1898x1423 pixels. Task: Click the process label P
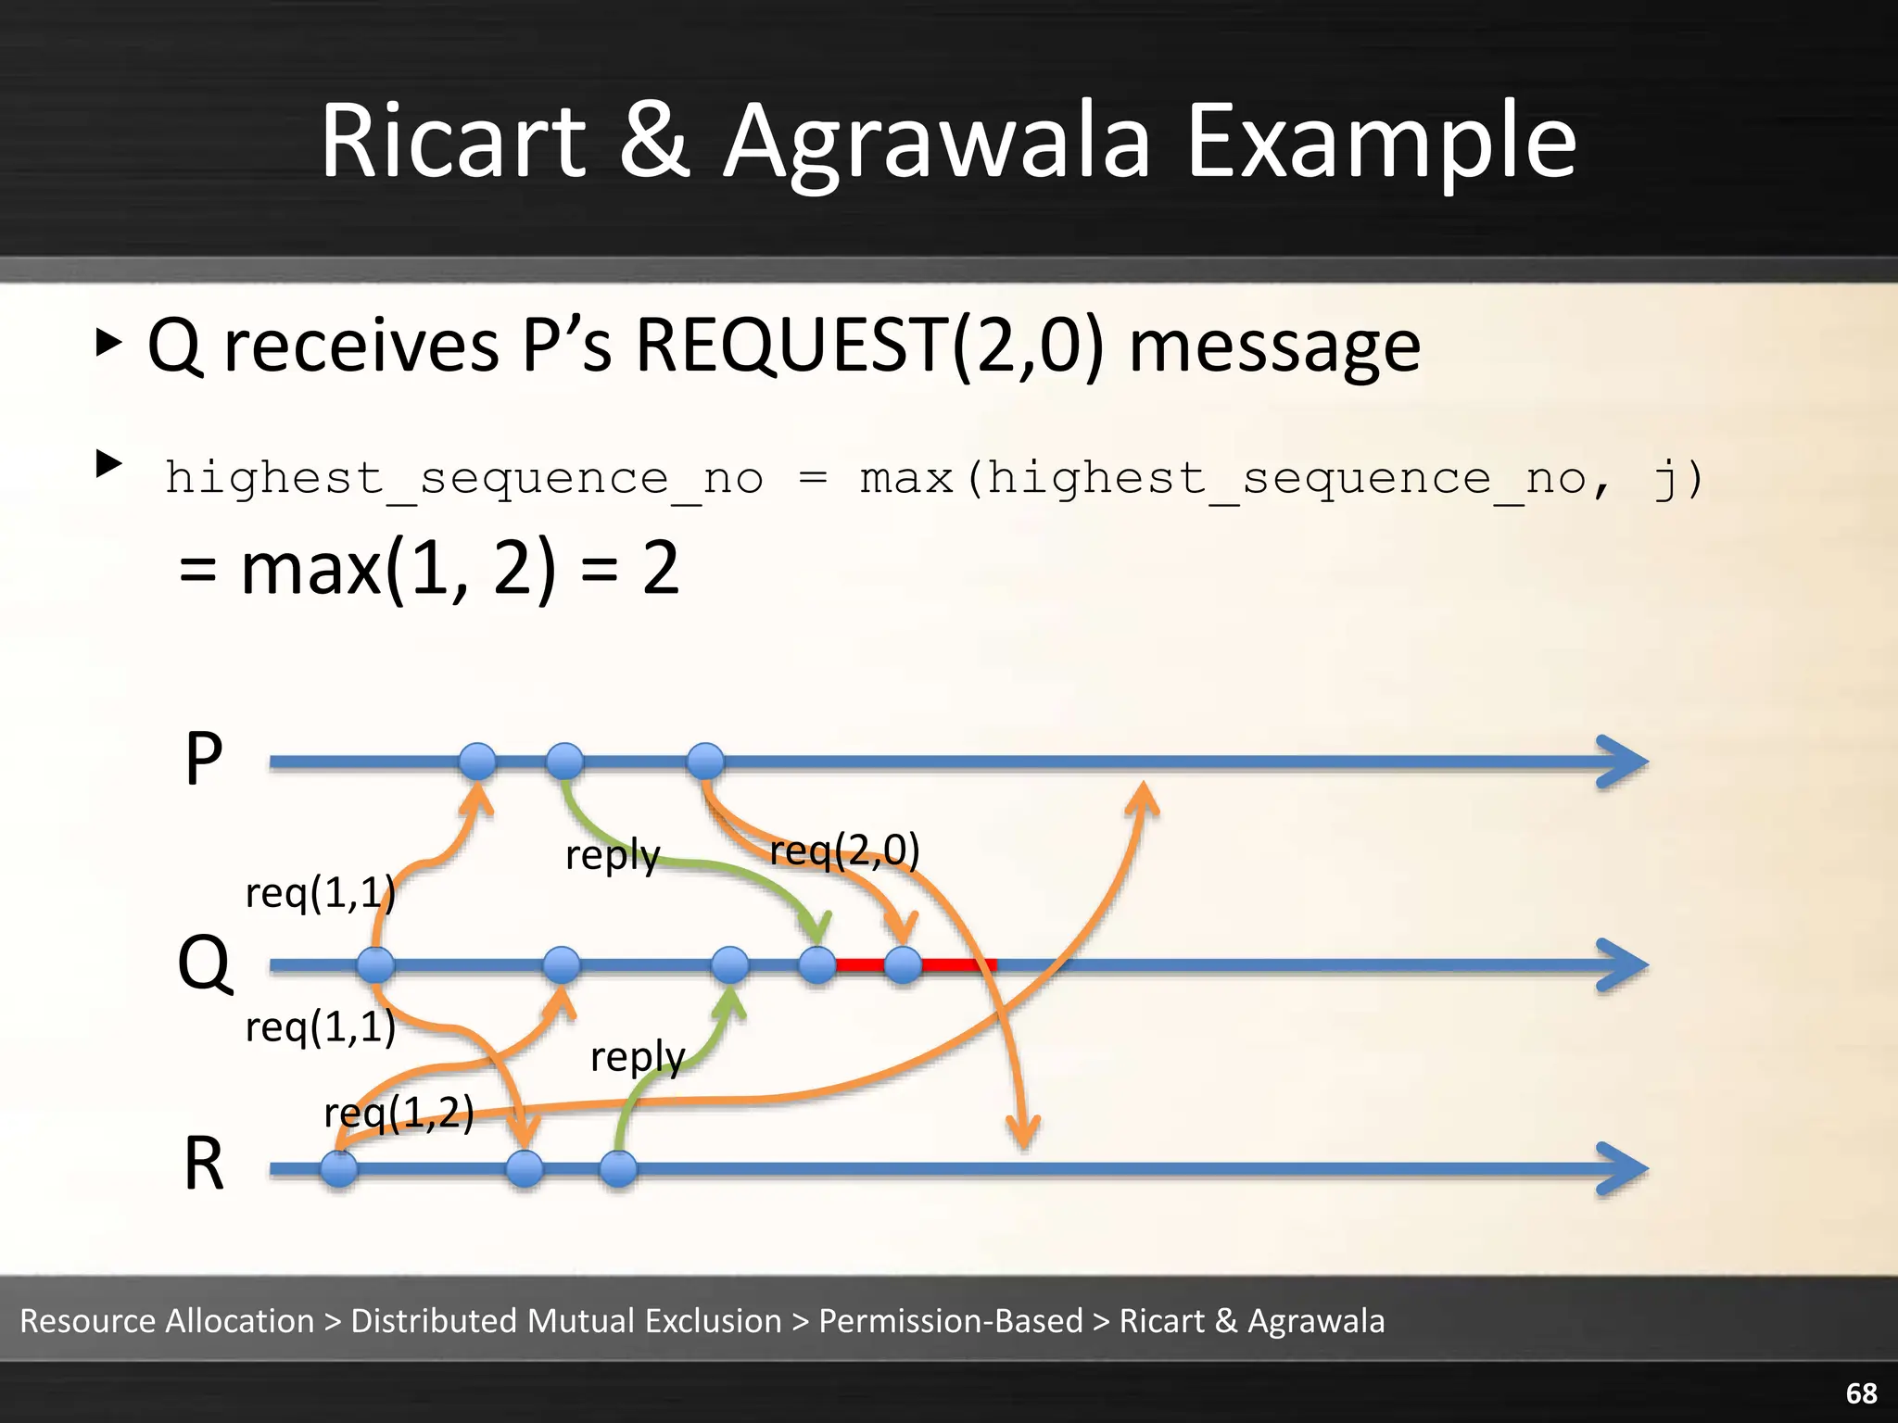click(204, 760)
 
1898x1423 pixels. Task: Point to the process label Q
click(204, 963)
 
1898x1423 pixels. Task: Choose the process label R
click(204, 1165)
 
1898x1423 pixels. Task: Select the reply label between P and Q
click(612, 855)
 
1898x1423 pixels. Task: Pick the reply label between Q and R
click(637, 1056)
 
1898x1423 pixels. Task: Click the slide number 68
click(1861, 1393)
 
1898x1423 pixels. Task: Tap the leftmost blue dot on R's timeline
click(339, 1169)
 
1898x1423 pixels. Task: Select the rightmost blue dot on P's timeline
click(705, 762)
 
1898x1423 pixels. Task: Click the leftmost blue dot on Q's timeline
click(375, 965)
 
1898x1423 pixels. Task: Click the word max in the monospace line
click(905, 479)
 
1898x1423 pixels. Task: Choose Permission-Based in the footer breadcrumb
click(950, 1320)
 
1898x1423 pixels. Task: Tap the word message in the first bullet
click(1274, 346)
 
